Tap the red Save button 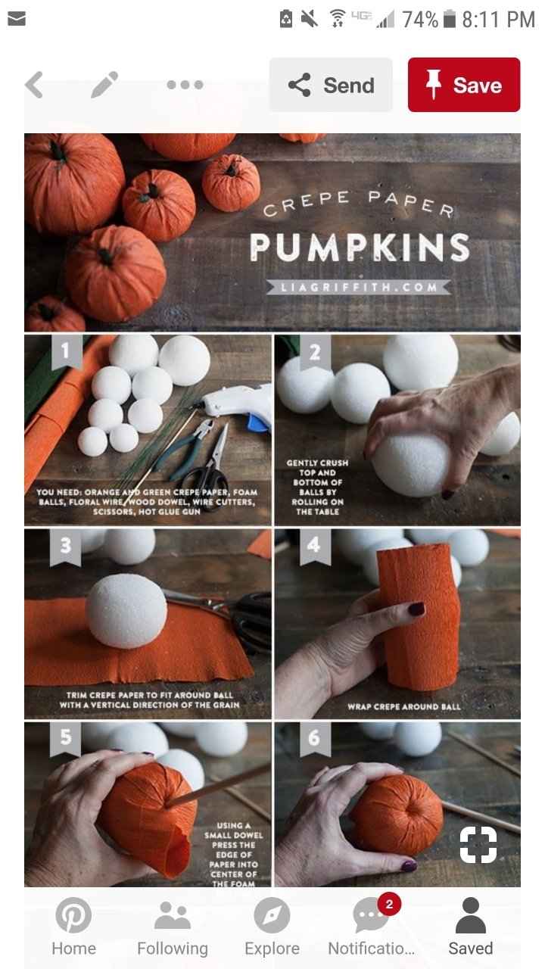point(463,85)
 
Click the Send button point(331,85)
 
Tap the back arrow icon point(34,85)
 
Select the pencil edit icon point(104,85)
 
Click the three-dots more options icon point(185,85)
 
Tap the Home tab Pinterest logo point(73,915)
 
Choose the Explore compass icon point(272,915)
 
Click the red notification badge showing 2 point(389,904)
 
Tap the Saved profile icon point(470,915)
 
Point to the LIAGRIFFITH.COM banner point(358,287)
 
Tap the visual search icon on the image point(478,845)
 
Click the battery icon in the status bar point(451,20)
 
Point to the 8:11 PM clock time point(498,20)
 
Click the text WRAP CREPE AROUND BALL point(404,706)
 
